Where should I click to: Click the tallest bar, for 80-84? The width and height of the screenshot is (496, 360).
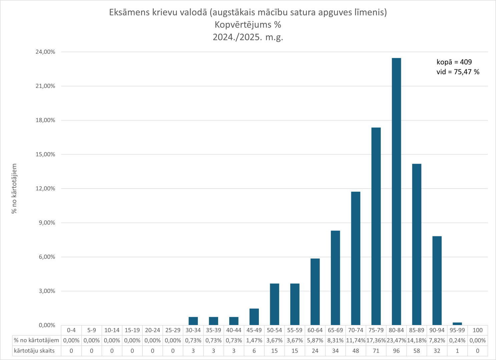(x=396, y=192)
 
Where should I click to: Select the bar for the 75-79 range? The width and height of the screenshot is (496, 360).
(x=376, y=226)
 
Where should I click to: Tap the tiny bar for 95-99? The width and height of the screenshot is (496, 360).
(x=457, y=324)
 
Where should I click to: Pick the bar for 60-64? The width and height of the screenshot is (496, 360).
(x=315, y=292)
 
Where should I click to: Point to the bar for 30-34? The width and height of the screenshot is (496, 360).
(x=193, y=321)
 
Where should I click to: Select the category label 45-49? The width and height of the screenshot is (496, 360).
(x=254, y=330)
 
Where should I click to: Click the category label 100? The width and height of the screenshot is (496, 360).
(x=478, y=330)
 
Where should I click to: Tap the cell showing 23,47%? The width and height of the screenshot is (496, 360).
(x=396, y=340)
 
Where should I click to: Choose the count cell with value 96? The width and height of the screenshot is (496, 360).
(x=396, y=351)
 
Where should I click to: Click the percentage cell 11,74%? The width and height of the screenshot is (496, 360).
(x=356, y=340)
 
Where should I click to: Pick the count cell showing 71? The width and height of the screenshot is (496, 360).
(x=376, y=351)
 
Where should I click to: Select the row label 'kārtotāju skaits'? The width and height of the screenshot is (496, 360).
(x=34, y=351)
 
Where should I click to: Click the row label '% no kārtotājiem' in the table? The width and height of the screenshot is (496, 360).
(x=36, y=340)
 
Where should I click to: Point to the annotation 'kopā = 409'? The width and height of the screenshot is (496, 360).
(x=454, y=62)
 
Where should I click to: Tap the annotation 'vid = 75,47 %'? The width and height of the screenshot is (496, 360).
(x=458, y=72)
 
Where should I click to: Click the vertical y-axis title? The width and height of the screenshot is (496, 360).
(x=14, y=188)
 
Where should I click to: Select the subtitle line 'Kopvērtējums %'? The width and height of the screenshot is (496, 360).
(x=248, y=25)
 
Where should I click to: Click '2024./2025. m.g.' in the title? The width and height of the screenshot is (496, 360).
(x=248, y=37)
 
